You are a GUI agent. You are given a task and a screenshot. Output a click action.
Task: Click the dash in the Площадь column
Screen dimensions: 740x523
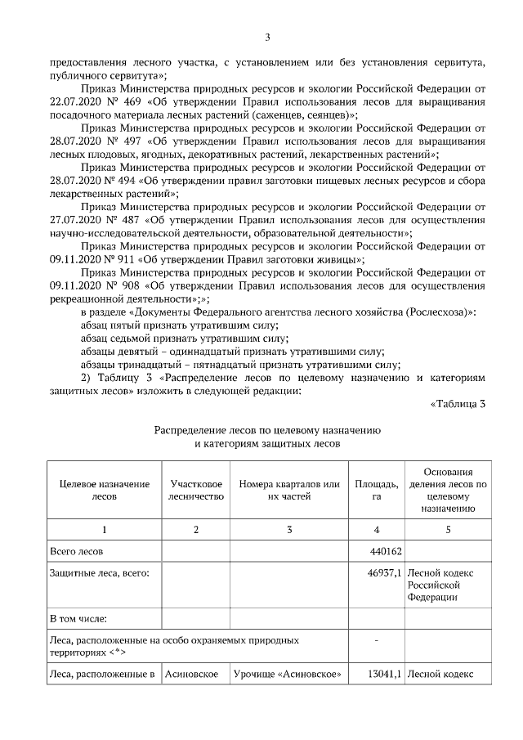pos(375,639)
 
